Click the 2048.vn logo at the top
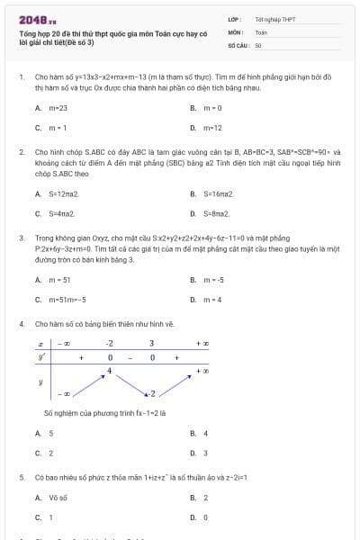click(x=37, y=17)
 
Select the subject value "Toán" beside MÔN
click(x=261, y=31)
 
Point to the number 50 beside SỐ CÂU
click(x=258, y=43)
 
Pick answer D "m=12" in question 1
click(x=212, y=127)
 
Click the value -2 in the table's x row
click(x=109, y=343)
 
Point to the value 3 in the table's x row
click(x=151, y=343)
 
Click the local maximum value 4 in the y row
click(x=109, y=370)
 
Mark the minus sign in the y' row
click(x=131, y=357)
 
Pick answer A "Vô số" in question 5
click(x=58, y=498)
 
